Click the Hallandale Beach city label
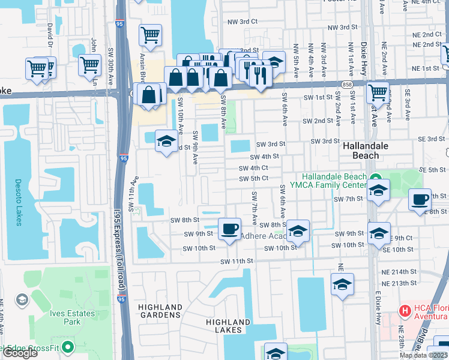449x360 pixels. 365,151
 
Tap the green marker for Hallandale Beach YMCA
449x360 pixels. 375,178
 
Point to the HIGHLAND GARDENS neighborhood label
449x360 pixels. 160,311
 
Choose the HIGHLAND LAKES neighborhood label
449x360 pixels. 228,326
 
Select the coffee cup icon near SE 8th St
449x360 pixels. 420,199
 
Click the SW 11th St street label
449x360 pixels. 237,262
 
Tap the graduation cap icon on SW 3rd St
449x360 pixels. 166,141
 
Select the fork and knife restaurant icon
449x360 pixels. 260,72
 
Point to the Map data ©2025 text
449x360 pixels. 423,355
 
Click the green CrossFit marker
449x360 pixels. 68,347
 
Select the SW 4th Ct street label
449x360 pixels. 253,169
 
